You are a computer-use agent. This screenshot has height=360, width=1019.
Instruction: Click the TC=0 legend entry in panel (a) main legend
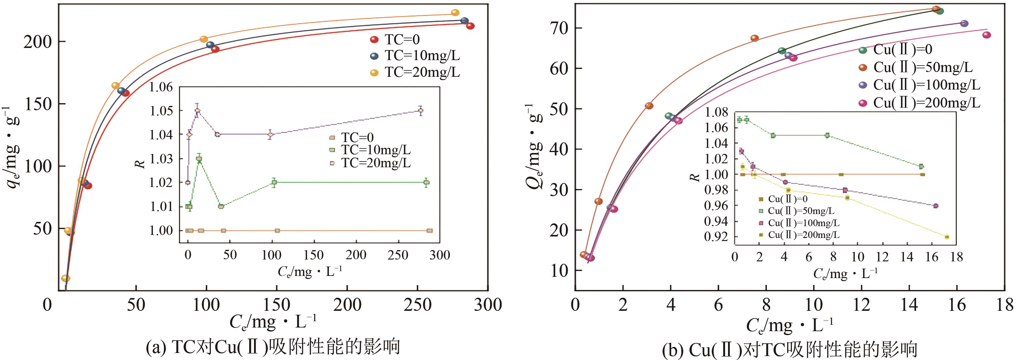tap(401, 39)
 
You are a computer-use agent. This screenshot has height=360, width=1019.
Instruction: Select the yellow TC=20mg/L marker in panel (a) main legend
tap(374, 73)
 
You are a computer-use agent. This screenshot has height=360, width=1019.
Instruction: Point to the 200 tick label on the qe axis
tap(38, 42)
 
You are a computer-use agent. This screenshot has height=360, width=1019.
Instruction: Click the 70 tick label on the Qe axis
tap(559, 28)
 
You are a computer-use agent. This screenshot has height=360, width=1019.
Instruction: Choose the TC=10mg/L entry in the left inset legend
tap(376, 150)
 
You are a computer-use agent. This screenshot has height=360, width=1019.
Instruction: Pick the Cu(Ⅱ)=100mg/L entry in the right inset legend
tap(803, 223)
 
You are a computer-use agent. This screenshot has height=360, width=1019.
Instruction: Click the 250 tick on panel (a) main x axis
tap(418, 305)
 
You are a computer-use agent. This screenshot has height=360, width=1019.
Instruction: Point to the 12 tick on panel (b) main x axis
tap(861, 305)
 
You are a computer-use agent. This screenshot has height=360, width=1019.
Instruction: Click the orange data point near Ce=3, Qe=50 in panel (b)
tap(649, 106)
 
